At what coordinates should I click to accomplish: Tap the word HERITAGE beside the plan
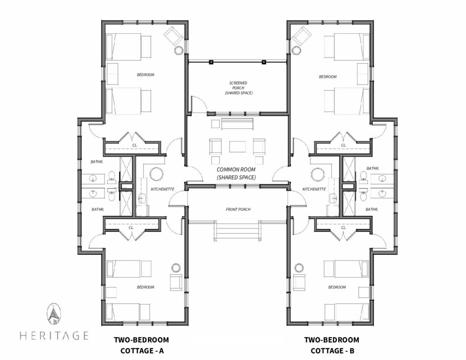pos(54,335)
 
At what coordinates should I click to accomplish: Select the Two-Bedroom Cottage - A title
pos(142,345)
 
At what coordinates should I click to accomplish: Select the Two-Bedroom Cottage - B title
pos(332,345)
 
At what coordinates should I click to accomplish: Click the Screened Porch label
pos(238,88)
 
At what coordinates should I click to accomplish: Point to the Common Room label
pos(236,173)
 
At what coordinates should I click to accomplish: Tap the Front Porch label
pos(238,209)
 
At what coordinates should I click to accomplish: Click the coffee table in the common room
pos(238,146)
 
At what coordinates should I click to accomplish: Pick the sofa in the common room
pos(237,124)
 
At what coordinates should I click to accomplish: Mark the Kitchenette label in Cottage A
pos(162,189)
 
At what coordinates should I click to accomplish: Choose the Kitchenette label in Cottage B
pos(314,189)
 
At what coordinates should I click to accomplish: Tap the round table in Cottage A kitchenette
pos(157,174)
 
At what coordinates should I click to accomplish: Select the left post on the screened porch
pos(211,62)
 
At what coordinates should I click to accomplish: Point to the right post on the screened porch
pos(263,62)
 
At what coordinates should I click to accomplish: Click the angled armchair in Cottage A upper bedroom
pos(173,35)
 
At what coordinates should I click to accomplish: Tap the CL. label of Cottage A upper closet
pos(135,145)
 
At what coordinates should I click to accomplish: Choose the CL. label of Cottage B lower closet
pos(344,228)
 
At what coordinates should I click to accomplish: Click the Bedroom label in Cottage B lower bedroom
pos(337,287)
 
